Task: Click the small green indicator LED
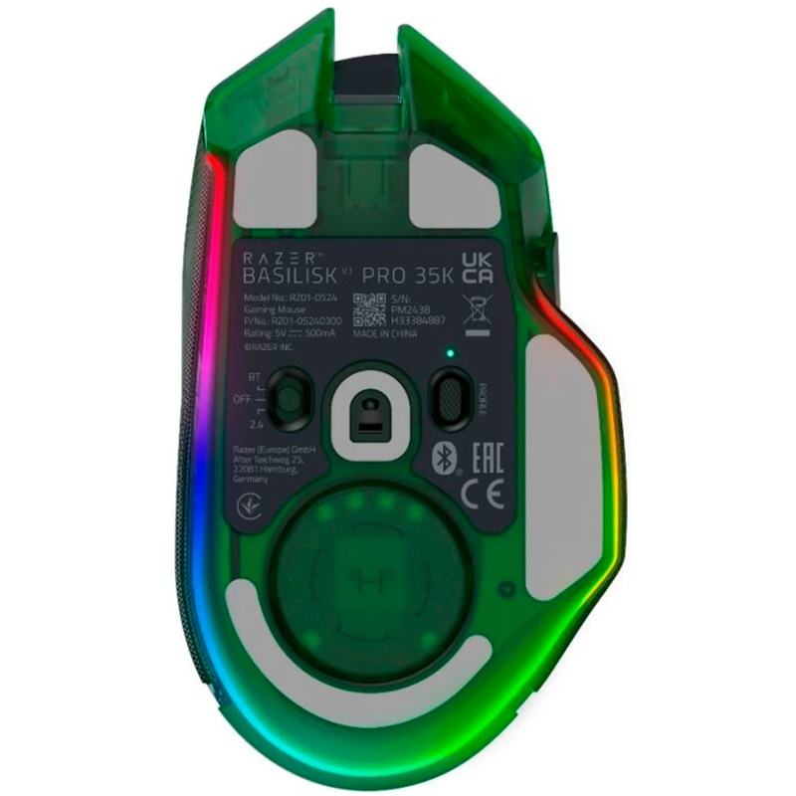(x=449, y=352)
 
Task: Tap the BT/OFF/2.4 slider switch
(x=289, y=395)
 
